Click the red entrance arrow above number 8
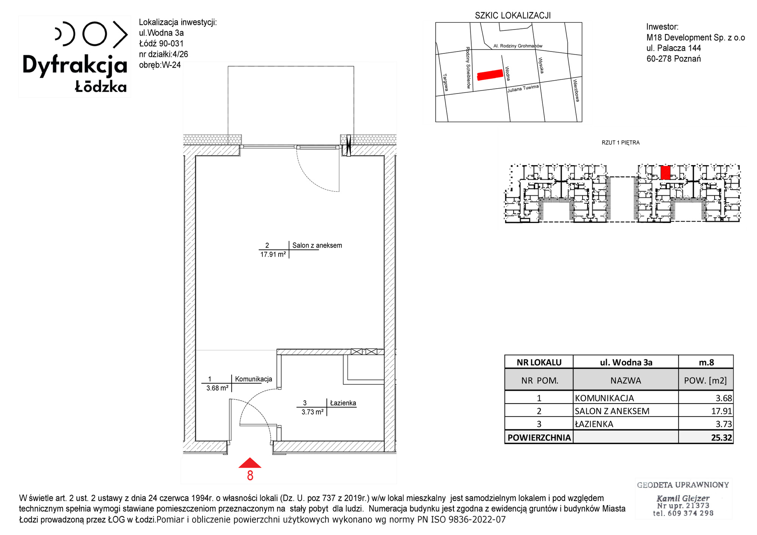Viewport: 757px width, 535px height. point(250,463)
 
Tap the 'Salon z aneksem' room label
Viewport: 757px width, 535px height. point(317,245)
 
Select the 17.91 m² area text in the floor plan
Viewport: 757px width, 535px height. point(273,255)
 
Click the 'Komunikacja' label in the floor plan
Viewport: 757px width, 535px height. point(254,379)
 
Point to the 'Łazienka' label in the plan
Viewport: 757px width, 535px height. point(343,403)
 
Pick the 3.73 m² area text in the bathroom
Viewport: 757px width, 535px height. point(313,412)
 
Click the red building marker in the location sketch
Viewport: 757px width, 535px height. point(490,75)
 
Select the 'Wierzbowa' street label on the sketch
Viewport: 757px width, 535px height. point(576,90)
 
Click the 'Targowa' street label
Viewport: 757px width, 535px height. point(445,82)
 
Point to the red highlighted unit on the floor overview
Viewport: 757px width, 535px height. point(665,172)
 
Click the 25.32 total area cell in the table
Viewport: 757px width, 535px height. point(721,438)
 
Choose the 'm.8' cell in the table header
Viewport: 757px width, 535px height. point(706,362)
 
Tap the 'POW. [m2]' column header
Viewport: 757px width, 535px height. point(706,381)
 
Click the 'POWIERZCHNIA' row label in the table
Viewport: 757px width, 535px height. point(539,438)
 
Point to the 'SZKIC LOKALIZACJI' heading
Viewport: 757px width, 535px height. point(513,16)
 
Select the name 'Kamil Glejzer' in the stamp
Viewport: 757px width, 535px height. point(683,498)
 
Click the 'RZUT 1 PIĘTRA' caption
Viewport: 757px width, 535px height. point(621,143)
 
